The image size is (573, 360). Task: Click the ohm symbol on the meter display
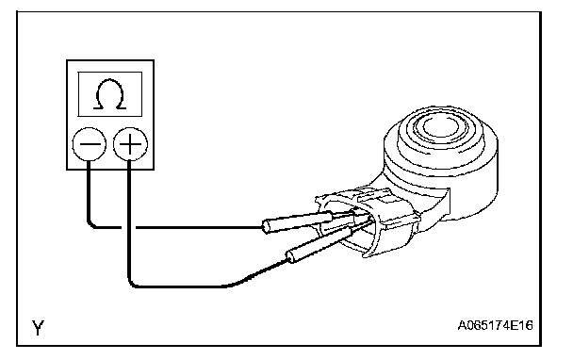110,94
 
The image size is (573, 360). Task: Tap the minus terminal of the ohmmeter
90,144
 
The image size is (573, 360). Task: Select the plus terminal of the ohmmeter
130,144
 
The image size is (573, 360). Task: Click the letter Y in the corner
38,327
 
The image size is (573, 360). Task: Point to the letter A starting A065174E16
463,325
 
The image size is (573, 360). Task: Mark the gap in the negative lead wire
128,227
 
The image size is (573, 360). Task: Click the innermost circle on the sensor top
440,127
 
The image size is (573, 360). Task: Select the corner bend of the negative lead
91,224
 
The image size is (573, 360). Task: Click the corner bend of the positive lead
132,284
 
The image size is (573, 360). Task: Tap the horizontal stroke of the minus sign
90,144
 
